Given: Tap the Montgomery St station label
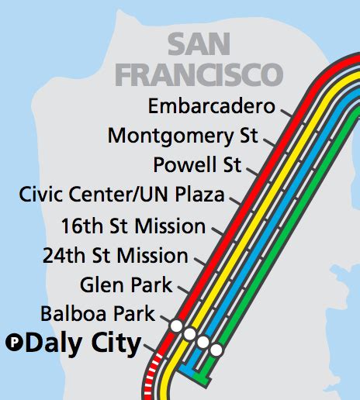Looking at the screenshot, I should tap(182, 136).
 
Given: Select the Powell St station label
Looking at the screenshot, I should tap(197, 164).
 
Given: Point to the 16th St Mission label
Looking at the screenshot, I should tap(133, 226).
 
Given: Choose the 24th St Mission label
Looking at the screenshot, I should tap(116, 255).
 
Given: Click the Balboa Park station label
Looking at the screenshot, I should tap(98, 314).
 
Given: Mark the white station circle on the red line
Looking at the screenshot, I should tap(176, 326).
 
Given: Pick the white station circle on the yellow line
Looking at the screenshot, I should tap(189, 333).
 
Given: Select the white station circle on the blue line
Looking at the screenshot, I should tap(203, 342).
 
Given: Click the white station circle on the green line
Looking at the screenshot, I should tap(216, 350).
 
